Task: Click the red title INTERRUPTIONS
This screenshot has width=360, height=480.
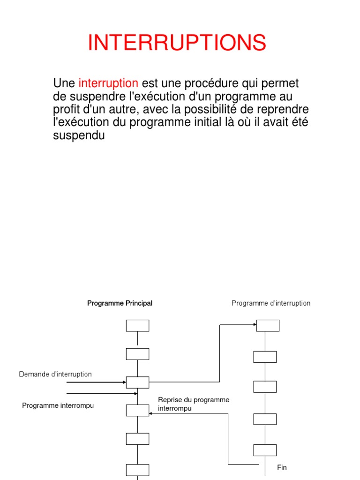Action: click(177, 43)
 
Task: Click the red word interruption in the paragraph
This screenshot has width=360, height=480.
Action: click(108, 83)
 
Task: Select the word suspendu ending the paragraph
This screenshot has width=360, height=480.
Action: click(79, 136)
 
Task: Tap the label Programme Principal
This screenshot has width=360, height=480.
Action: click(120, 303)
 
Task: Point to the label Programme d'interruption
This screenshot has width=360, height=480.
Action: click(271, 303)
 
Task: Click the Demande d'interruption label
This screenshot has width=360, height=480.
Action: click(55, 374)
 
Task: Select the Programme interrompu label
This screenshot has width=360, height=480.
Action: click(58, 405)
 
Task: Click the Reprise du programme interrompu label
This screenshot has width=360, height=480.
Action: click(194, 404)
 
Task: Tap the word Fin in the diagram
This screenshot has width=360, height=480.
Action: click(282, 467)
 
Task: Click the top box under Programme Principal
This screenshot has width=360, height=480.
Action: click(137, 326)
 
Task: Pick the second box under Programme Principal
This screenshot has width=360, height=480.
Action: click(137, 354)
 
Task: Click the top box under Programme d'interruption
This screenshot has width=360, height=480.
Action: click(268, 325)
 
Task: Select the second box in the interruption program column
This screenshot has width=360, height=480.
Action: click(265, 357)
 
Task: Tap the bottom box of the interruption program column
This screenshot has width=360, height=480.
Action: click(265, 450)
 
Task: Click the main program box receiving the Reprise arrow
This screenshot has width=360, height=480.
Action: click(137, 410)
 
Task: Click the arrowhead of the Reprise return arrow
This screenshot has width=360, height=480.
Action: click(151, 413)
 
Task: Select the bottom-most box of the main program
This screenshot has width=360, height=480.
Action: click(137, 470)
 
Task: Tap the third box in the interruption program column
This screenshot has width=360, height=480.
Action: click(265, 387)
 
